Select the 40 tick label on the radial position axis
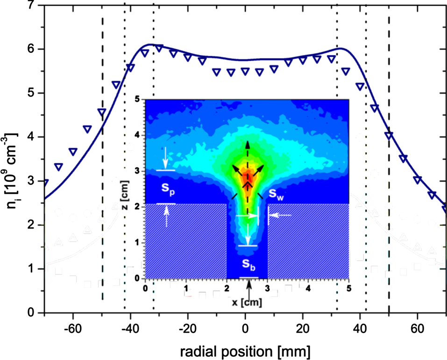pos(360,328)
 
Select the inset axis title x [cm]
pos(247,302)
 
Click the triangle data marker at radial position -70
pos(45,182)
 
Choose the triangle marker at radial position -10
pos(216,72)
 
